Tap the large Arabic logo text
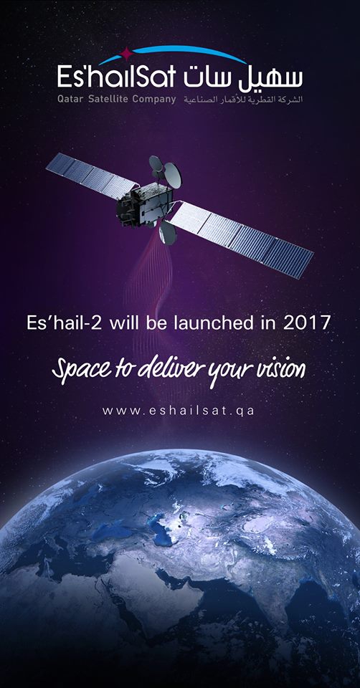(x=243, y=77)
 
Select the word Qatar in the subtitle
(x=70, y=100)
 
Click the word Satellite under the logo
(x=109, y=99)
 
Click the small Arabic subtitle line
(x=243, y=100)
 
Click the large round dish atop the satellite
(x=171, y=175)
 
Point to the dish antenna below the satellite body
(x=168, y=233)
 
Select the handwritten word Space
(x=78, y=370)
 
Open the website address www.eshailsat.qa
(x=179, y=411)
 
